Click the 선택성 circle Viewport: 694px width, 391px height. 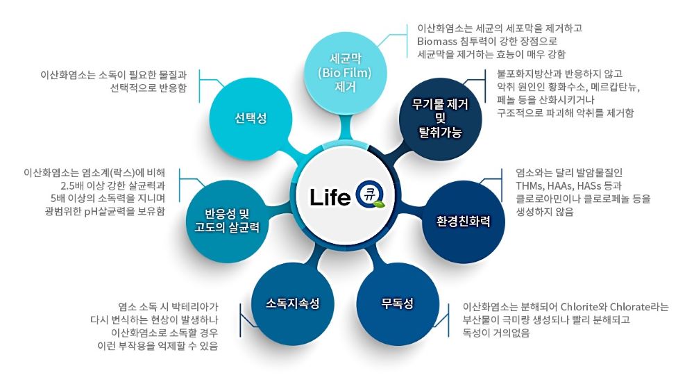pos(251,118)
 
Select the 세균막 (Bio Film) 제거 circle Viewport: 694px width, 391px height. pos(345,73)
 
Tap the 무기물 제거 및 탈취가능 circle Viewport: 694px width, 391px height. pos(440,118)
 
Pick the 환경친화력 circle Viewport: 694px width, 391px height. pos(464,221)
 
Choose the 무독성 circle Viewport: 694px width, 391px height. pos(398,303)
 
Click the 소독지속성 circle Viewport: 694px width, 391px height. pos(293,303)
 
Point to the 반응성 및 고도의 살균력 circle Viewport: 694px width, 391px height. pos(227,221)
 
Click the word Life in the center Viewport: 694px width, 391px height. pos(330,197)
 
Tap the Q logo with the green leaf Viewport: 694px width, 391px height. pos(370,195)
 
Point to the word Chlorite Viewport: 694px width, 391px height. pos(580,307)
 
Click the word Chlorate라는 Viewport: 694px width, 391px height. pos(639,307)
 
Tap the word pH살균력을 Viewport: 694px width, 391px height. pos(110,211)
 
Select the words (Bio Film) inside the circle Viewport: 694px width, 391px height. pos(345,73)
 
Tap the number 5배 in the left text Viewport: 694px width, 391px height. pos(57,199)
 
